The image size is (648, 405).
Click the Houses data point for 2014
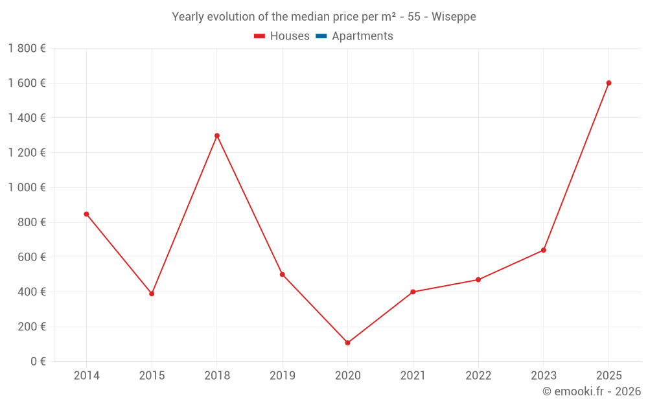[x=86, y=214]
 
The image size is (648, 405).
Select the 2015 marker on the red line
[x=152, y=294]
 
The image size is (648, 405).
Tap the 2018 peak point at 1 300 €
[x=217, y=135]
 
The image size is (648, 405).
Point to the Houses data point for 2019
[x=283, y=274]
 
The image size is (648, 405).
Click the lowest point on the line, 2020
[x=347, y=343]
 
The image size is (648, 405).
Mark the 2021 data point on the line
[x=413, y=292]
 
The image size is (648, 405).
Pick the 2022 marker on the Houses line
[x=478, y=280]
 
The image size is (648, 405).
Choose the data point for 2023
[x=544, y=250]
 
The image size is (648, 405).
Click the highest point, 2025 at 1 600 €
[x=608, y=83]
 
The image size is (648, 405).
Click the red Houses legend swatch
[x=259, y=36]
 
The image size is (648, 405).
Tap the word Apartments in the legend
[x=362, y=36]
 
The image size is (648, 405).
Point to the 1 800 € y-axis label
[x=27, y=49]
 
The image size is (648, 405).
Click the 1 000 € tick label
[x=27, y=188]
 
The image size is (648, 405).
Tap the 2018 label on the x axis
[x=217, y=376]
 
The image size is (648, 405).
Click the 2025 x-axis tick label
[x=608, y=376]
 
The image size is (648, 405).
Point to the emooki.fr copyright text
[x=592, y=391]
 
